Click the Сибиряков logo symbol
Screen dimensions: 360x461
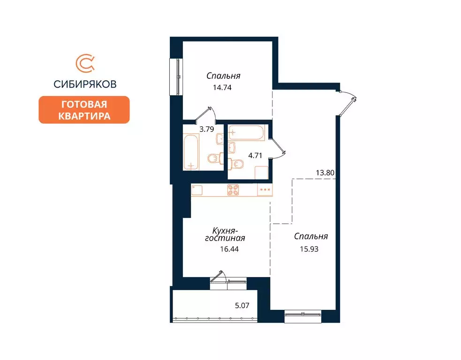tap(85, 65)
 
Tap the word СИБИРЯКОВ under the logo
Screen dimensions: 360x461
tap(85, 84)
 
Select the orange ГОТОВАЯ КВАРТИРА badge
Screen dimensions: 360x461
tap(84, 110)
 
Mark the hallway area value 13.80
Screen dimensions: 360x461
tap(325, 172)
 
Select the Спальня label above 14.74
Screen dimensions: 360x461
tap(224, 75)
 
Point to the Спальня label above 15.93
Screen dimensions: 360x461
tap(310, 237)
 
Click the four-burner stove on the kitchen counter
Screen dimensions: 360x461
tap(233, 190)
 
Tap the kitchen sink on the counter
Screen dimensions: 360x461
tap(197, 190)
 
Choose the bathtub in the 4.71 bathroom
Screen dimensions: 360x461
tap(248, 132)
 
